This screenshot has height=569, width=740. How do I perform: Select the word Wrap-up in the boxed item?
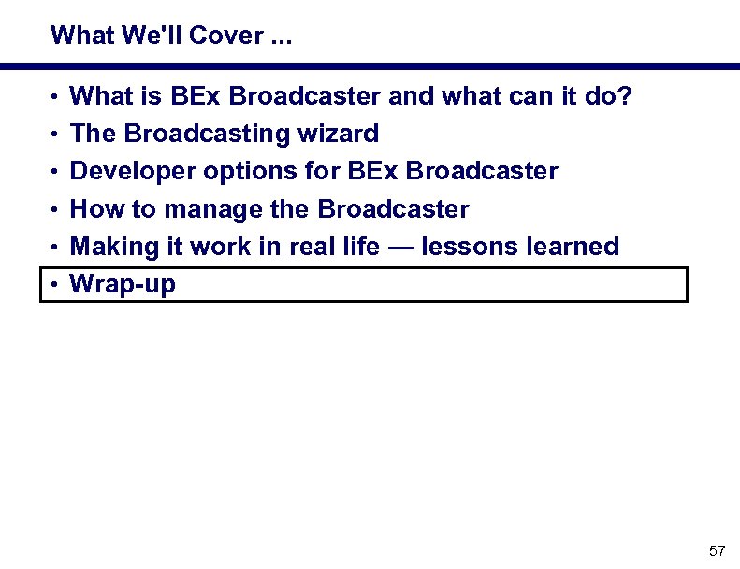[123, 284]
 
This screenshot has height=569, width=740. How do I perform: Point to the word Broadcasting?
[210, 134]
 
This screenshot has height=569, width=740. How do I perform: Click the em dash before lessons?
[400, 247]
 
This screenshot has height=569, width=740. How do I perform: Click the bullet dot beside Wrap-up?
[56, 285]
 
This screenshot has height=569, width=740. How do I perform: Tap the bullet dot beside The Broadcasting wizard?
[56, 135]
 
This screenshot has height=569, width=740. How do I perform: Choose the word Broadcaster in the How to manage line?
[393, 209]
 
